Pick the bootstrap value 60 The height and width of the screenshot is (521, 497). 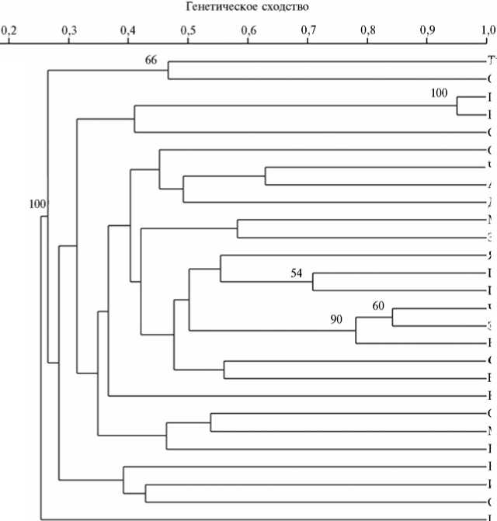coord(378,306)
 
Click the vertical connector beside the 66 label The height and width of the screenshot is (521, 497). coord(169,70)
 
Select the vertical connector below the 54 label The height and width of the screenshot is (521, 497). coord(313,282)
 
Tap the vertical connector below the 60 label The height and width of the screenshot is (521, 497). coord(392,318)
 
